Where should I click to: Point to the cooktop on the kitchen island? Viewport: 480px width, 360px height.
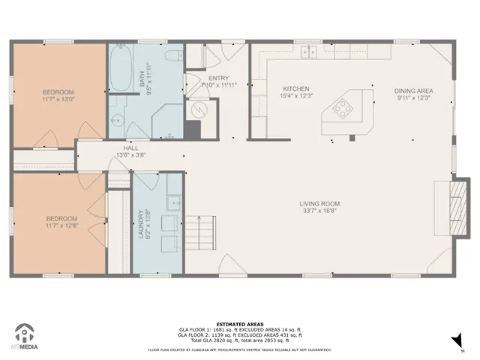tap(343, 109)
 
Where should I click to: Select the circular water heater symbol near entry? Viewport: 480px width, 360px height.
tap(197, 110)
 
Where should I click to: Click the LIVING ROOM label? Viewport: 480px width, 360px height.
tap(320, 203)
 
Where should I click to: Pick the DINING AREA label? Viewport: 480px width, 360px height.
tap(414, 91)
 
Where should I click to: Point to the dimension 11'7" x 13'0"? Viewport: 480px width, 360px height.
tap(58, 98)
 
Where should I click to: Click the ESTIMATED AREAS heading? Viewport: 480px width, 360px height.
tap(239, 324)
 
